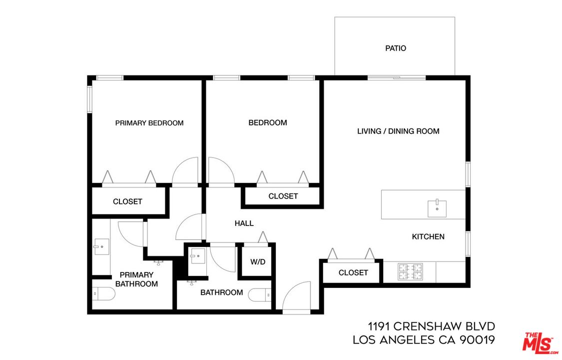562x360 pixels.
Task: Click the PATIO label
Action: click(396, 48)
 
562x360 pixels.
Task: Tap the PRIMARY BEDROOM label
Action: click(149, 123)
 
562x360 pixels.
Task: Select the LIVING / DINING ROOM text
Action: click(398, 131)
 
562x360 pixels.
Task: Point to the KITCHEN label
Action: click(428, 236)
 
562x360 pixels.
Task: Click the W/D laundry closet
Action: click(257, 261)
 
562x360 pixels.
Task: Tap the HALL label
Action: click(244, 223)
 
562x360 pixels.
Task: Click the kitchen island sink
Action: click(437, 208)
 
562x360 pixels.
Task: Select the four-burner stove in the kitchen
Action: click(410, 272)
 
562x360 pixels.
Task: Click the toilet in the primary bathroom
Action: click(103, 294)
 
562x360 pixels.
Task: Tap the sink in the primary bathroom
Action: click(101, 246)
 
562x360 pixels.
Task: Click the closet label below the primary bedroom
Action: click(127, 201)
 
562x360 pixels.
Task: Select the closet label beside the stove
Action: click(353, 272)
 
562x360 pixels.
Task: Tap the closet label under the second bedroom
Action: click(283, 196)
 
